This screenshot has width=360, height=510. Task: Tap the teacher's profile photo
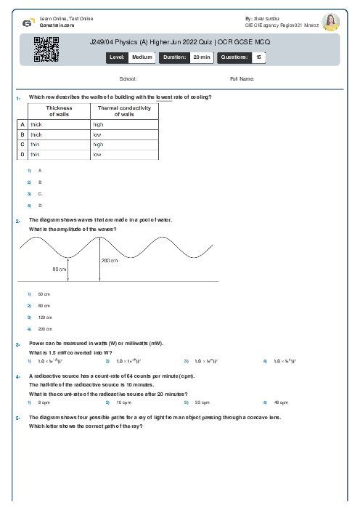point(331,22)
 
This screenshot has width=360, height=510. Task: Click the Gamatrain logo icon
point(28,22)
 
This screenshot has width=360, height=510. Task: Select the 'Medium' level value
point(142,57)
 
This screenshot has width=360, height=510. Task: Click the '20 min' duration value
point(201,57)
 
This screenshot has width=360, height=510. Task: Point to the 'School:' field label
point(128,78)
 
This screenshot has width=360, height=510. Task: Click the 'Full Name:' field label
point(242,78)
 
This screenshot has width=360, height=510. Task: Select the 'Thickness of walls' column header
point(59,111)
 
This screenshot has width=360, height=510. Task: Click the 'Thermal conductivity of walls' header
point(124,111)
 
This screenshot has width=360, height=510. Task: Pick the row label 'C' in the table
point(22,145)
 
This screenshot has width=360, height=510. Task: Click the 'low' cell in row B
point(97,134)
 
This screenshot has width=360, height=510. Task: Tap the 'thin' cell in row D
point(35,155)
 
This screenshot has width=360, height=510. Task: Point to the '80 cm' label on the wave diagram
point(60,269)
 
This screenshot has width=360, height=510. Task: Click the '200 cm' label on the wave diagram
point(109,260)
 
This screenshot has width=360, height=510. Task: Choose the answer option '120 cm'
point(45,317)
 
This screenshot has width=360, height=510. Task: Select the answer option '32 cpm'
point(202,402)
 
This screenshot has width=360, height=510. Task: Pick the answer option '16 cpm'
point(123,402)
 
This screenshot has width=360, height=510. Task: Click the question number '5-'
point(17,418)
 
